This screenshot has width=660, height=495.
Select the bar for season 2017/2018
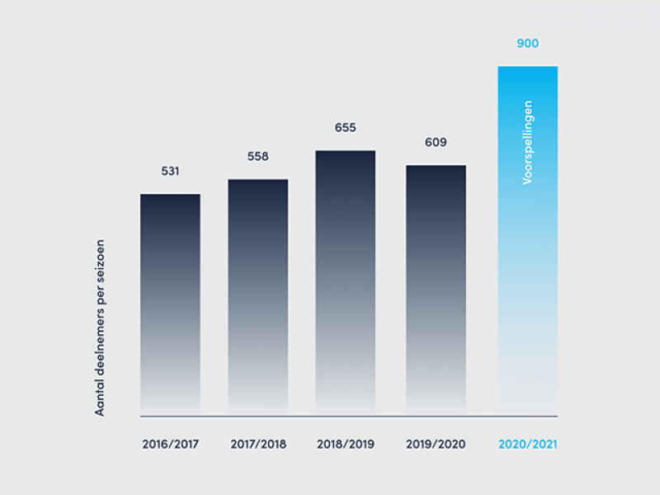click(x=258, y=297)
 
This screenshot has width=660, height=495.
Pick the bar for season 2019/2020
click(x=436, y=290)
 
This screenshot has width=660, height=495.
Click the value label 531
click(x=170, y=172)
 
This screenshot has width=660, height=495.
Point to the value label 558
click(x=258, y=157)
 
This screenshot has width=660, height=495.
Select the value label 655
click(x=346, y=128)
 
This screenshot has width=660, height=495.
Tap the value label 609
click(x=436, y=143)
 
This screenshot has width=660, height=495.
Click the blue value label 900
click(x=527, y=43)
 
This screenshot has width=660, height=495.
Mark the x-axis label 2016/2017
click(x=170, y=444)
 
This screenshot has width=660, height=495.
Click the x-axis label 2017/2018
click(x=258, y=444)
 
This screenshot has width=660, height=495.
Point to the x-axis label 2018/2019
click(x=346, y=444)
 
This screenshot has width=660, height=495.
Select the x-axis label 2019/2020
click(x=436, y=444)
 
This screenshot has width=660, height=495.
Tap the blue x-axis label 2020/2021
click(x=528, y=444)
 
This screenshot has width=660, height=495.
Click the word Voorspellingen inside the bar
click(x=528, y=142)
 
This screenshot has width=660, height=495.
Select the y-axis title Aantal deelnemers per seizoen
click(x=101, y=328)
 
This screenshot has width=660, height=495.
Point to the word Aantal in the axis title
click(x=101, y=397)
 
